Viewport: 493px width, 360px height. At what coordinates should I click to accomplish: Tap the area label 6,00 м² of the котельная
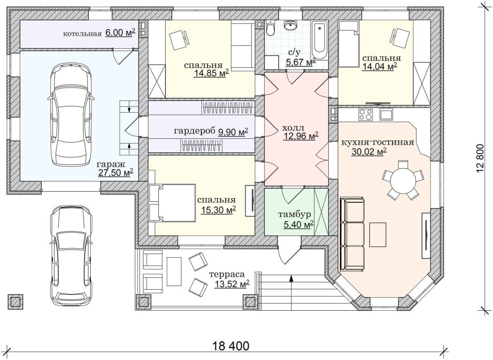tap(120, 33)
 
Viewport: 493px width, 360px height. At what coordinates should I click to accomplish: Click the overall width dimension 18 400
tap(231, 346)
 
